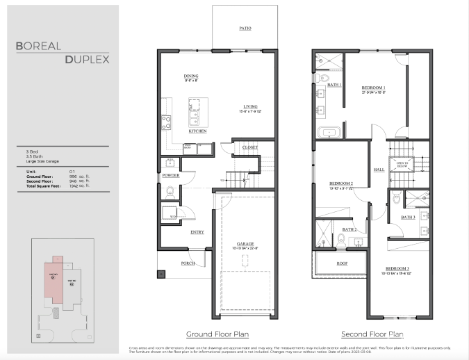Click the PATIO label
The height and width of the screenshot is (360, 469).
point(245,28)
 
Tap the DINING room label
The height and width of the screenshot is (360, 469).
point(191,76)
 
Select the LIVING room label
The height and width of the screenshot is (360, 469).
point(250,106)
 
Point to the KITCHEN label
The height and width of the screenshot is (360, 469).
point(197,131)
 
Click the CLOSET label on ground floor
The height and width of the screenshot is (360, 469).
point(250,147)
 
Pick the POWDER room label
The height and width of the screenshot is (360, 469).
point(170,176)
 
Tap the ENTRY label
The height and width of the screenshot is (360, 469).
point(197,232)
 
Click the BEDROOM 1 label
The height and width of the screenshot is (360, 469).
point(373,88)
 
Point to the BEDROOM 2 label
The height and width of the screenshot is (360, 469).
point(342,184)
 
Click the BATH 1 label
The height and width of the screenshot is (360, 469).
point(334,85)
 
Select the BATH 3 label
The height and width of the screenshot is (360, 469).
point(408,218)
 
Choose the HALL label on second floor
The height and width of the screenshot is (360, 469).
point(379,169)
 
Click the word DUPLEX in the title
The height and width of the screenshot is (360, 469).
point(87,60)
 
